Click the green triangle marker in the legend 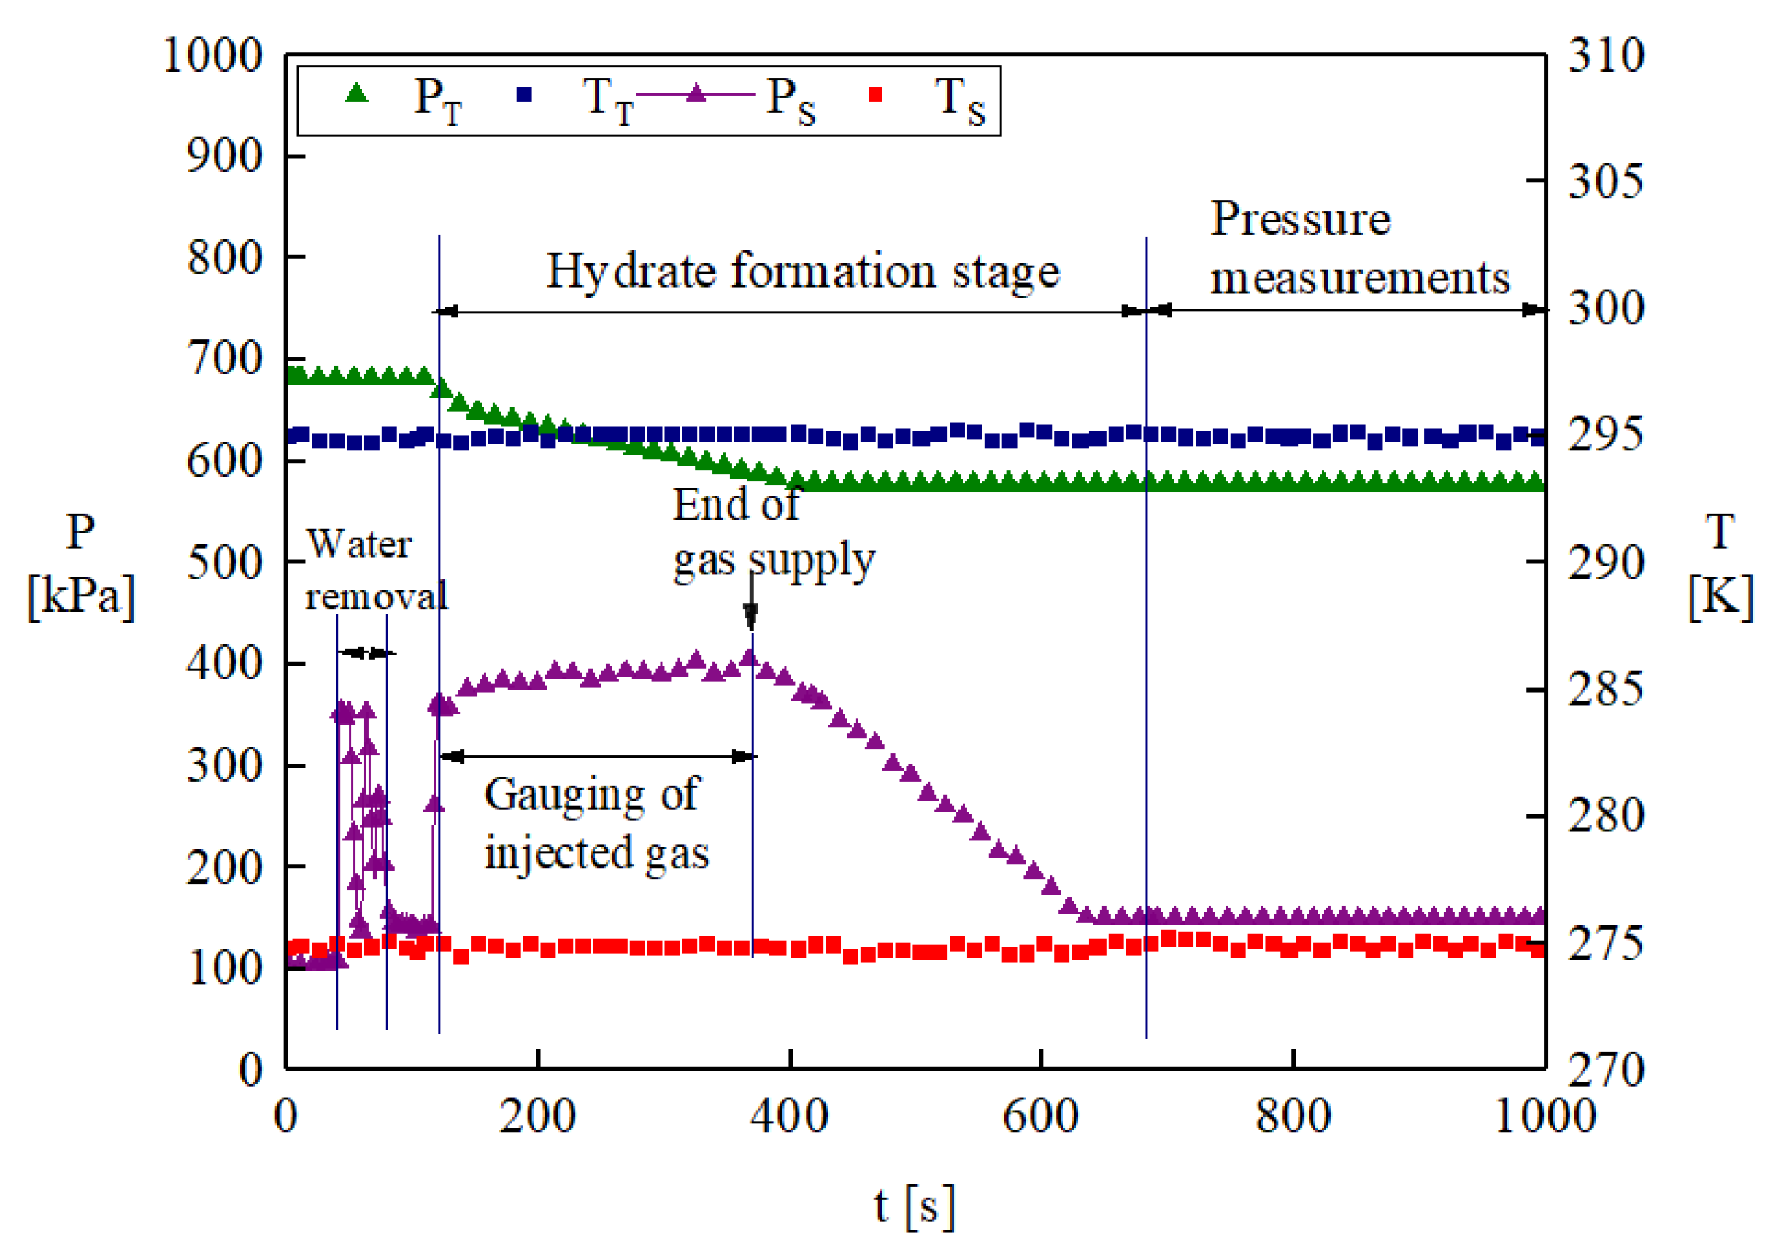pos(356,94)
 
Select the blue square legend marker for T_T pos(524,95)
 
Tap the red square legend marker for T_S pos(876,95)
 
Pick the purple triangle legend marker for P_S pos(696,94)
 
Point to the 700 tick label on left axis pos(224,359)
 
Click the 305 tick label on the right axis pos(1606,182)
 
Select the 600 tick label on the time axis pos(1040,1117)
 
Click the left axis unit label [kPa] pos(81,596)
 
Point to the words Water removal pos(376,570)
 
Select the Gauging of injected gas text pos(596,824)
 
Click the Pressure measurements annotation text pos(1359,248)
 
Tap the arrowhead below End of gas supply pos(750,617)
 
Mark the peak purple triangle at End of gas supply pos(750,658)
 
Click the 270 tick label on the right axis pos(1606,1070)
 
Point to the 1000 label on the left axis pos(212,56)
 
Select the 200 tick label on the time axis pos(536,1117)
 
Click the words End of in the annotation pos(735,505)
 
